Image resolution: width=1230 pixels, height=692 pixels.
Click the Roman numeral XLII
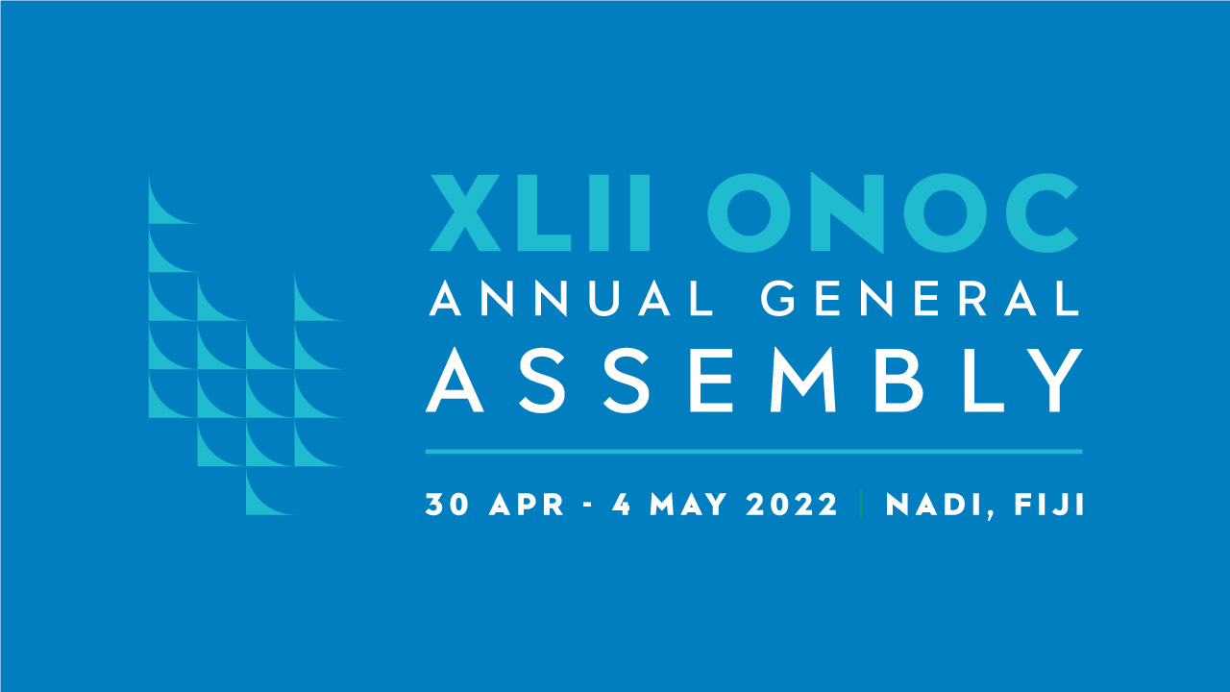[x=540, y=212]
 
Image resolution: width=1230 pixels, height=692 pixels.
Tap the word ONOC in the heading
[x=893, y=213]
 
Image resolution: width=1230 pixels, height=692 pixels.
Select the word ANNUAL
[x=571, y=298]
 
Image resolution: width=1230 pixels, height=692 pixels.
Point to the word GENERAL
[x=921, y=298]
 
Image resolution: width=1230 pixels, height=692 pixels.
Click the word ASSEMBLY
[x=754, y=380]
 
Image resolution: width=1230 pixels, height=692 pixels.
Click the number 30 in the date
[x=447, y=505]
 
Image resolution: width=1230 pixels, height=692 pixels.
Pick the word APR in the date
[x=527, y=505]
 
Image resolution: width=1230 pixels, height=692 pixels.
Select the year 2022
[x=792, y=505]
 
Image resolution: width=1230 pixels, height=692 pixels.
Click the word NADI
[x=934, y=505]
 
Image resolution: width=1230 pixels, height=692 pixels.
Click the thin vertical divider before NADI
[x=861, y=504]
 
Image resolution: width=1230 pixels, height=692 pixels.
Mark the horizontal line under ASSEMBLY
[x=754, y=452]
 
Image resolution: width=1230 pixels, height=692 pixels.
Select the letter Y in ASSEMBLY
[x=1052, y=380]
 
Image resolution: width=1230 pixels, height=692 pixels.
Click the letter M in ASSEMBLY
[x=804, y=380]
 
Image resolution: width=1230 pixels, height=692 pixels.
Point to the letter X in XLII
[x=464, y=212]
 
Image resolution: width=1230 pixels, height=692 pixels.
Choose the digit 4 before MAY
[x=621, y=505]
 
